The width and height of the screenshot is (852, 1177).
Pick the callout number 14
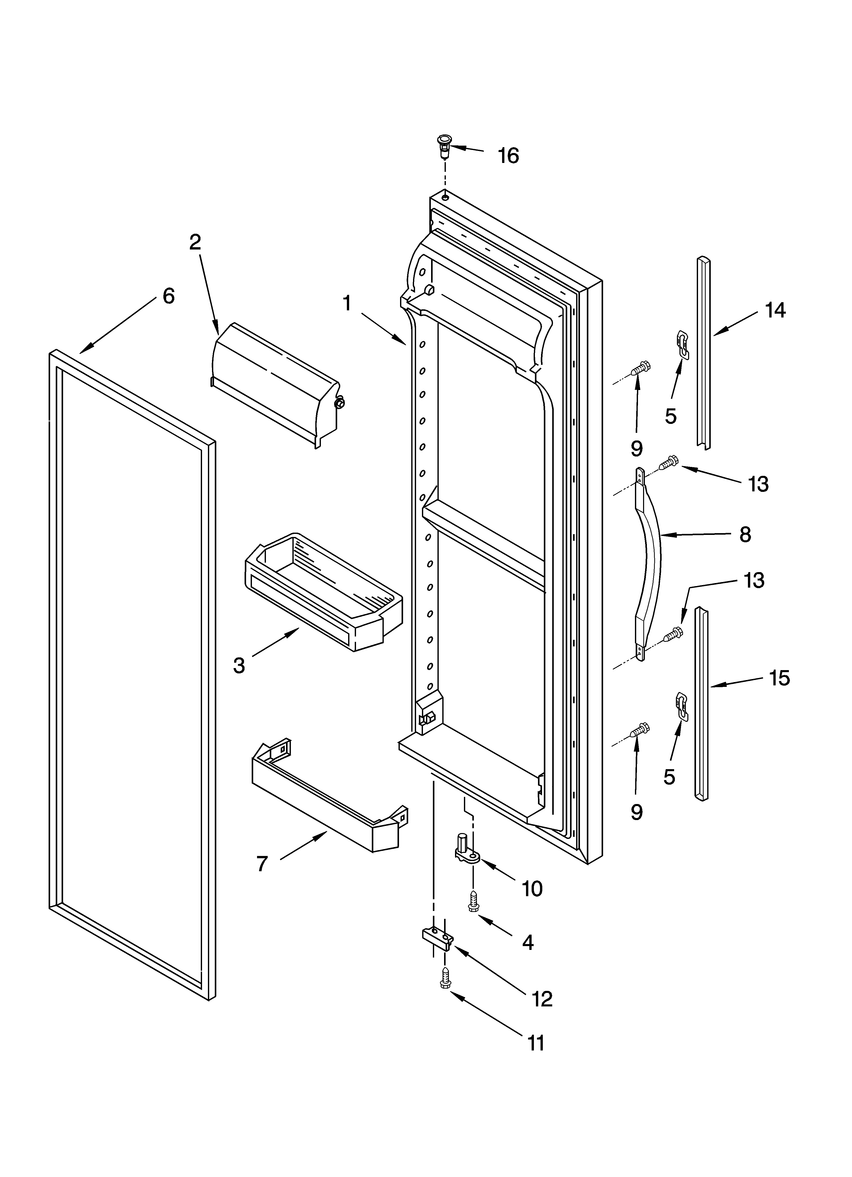tap(775, 310)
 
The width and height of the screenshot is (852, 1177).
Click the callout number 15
tap(779, 678)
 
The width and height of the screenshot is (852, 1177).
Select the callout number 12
tap(542, 999)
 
